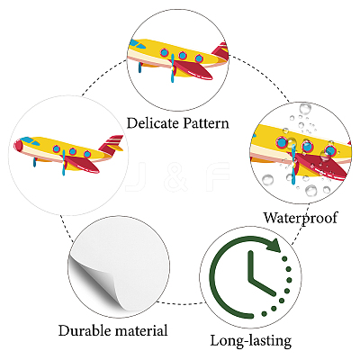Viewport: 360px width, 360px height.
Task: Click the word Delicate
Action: (x=152, y=123)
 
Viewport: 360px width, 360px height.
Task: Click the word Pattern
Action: (x=206, y=123)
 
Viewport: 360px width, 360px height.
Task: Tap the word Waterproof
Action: (x=301, y=218)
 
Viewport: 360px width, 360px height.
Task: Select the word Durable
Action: (x=85, y=330)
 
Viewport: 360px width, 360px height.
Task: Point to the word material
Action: (x=141, y=330)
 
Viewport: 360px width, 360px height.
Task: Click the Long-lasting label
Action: (x=251, y=341)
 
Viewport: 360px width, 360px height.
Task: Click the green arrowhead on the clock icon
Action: (x=273, y=245)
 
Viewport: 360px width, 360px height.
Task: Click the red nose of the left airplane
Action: (x=18, y=146)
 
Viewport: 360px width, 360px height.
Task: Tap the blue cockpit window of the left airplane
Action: (x=28, y=140)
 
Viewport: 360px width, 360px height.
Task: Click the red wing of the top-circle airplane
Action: (x=193, y=70)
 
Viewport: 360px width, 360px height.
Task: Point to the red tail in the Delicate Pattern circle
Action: (x=220, y=51)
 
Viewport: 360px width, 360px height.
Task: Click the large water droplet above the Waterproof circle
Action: (x=305, y=109)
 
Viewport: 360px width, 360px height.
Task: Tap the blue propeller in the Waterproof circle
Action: (x=293, y=164)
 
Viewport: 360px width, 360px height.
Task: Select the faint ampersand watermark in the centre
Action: (x=176, y=177)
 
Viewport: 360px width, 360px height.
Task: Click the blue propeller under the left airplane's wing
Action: (x=64, y=163)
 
